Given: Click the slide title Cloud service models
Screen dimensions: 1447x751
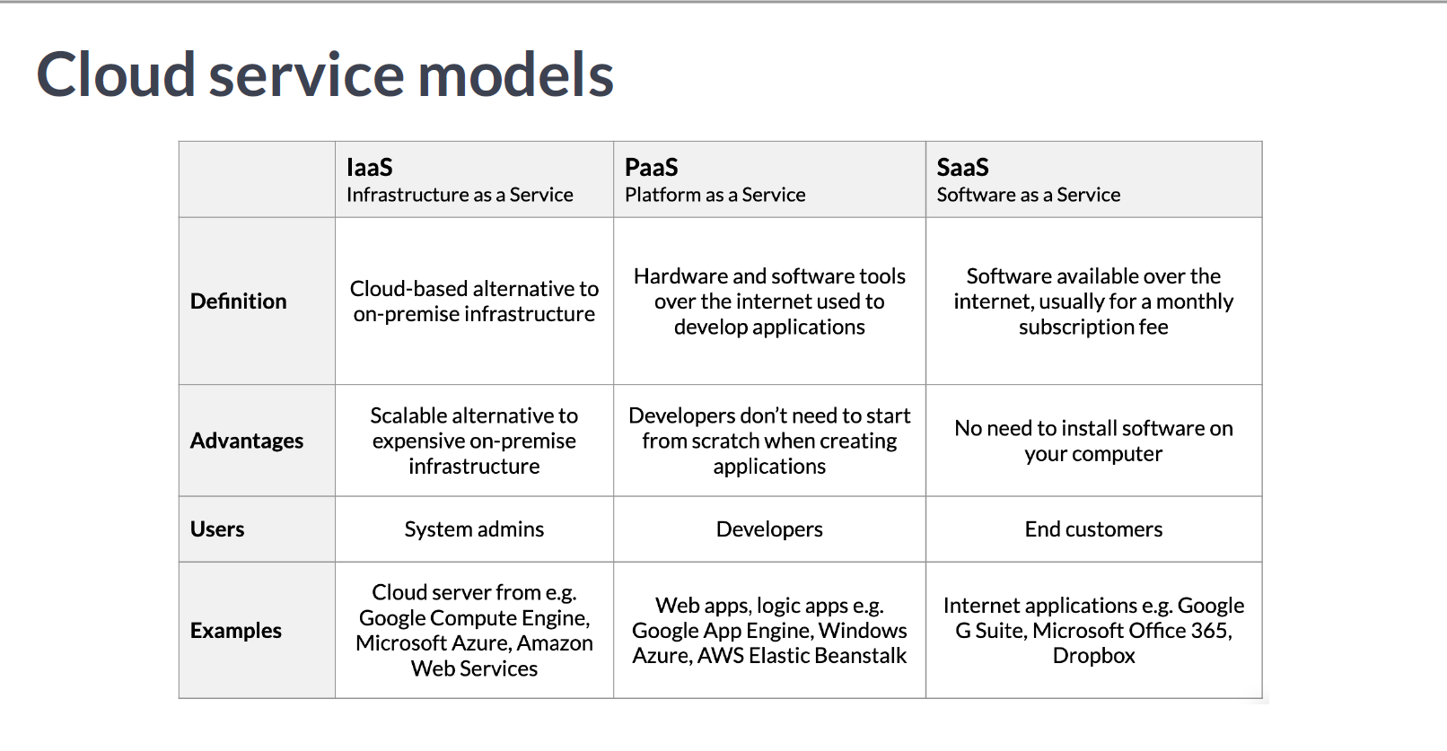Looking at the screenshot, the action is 325,74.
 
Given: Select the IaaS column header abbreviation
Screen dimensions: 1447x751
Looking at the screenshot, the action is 370,167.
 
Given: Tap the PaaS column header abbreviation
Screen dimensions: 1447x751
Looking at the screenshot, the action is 651,167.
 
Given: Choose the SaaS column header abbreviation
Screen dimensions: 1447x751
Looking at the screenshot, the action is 962,167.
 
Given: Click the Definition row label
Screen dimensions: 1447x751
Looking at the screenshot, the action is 239,301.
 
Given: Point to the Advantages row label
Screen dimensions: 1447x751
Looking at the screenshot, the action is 247,441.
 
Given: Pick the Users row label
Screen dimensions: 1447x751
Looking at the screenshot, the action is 217,528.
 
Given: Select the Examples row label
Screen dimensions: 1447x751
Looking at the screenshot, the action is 236,630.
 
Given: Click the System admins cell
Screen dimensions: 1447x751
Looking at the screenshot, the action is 474,529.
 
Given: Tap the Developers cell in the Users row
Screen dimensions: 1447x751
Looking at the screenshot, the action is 769,529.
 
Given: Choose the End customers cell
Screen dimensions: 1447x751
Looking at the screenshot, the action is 1093,528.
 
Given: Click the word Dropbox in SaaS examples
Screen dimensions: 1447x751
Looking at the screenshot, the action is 1093,655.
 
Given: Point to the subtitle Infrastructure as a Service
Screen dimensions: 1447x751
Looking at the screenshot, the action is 460,195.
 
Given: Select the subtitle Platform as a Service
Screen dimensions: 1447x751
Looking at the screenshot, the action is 715,195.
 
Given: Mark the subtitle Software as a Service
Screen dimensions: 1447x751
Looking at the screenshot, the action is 1029,195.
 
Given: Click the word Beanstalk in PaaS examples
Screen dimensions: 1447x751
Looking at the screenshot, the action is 860,655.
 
